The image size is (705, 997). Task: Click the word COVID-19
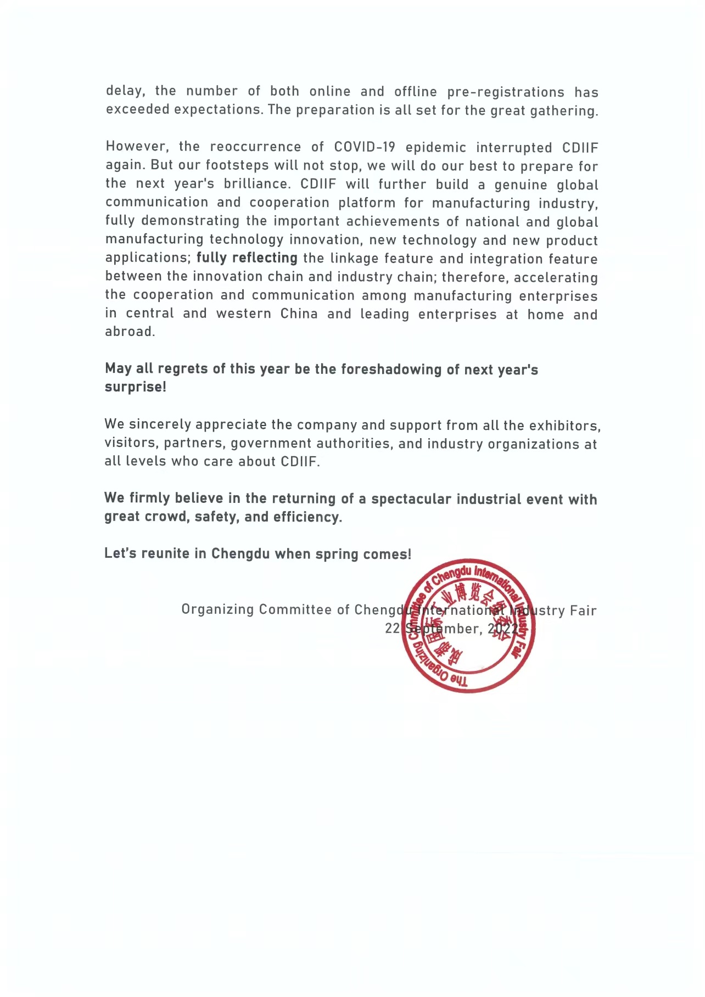365,147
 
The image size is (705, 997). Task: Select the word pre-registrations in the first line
506,92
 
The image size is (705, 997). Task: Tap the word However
137,147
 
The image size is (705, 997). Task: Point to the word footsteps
237,165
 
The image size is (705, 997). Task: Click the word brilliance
256,184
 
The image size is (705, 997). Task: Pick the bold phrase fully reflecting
247,258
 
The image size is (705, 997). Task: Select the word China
299,313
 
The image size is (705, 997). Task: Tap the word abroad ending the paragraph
130,332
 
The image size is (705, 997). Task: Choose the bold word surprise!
135,387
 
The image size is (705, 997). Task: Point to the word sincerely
160,424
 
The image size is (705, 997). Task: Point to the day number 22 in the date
392,629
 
